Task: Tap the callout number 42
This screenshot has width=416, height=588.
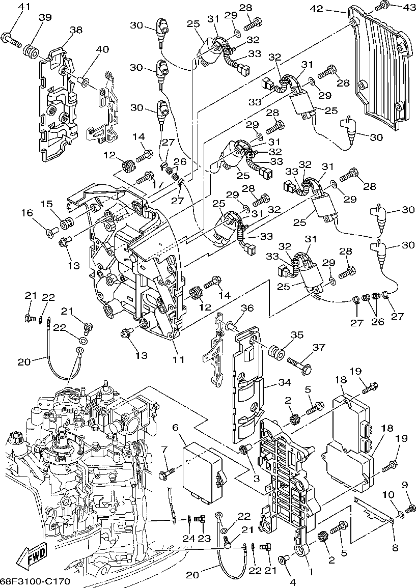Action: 316,8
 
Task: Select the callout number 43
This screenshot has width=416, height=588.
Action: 395,8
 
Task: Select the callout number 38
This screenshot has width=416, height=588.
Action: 76,30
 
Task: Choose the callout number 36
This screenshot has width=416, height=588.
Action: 246,308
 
